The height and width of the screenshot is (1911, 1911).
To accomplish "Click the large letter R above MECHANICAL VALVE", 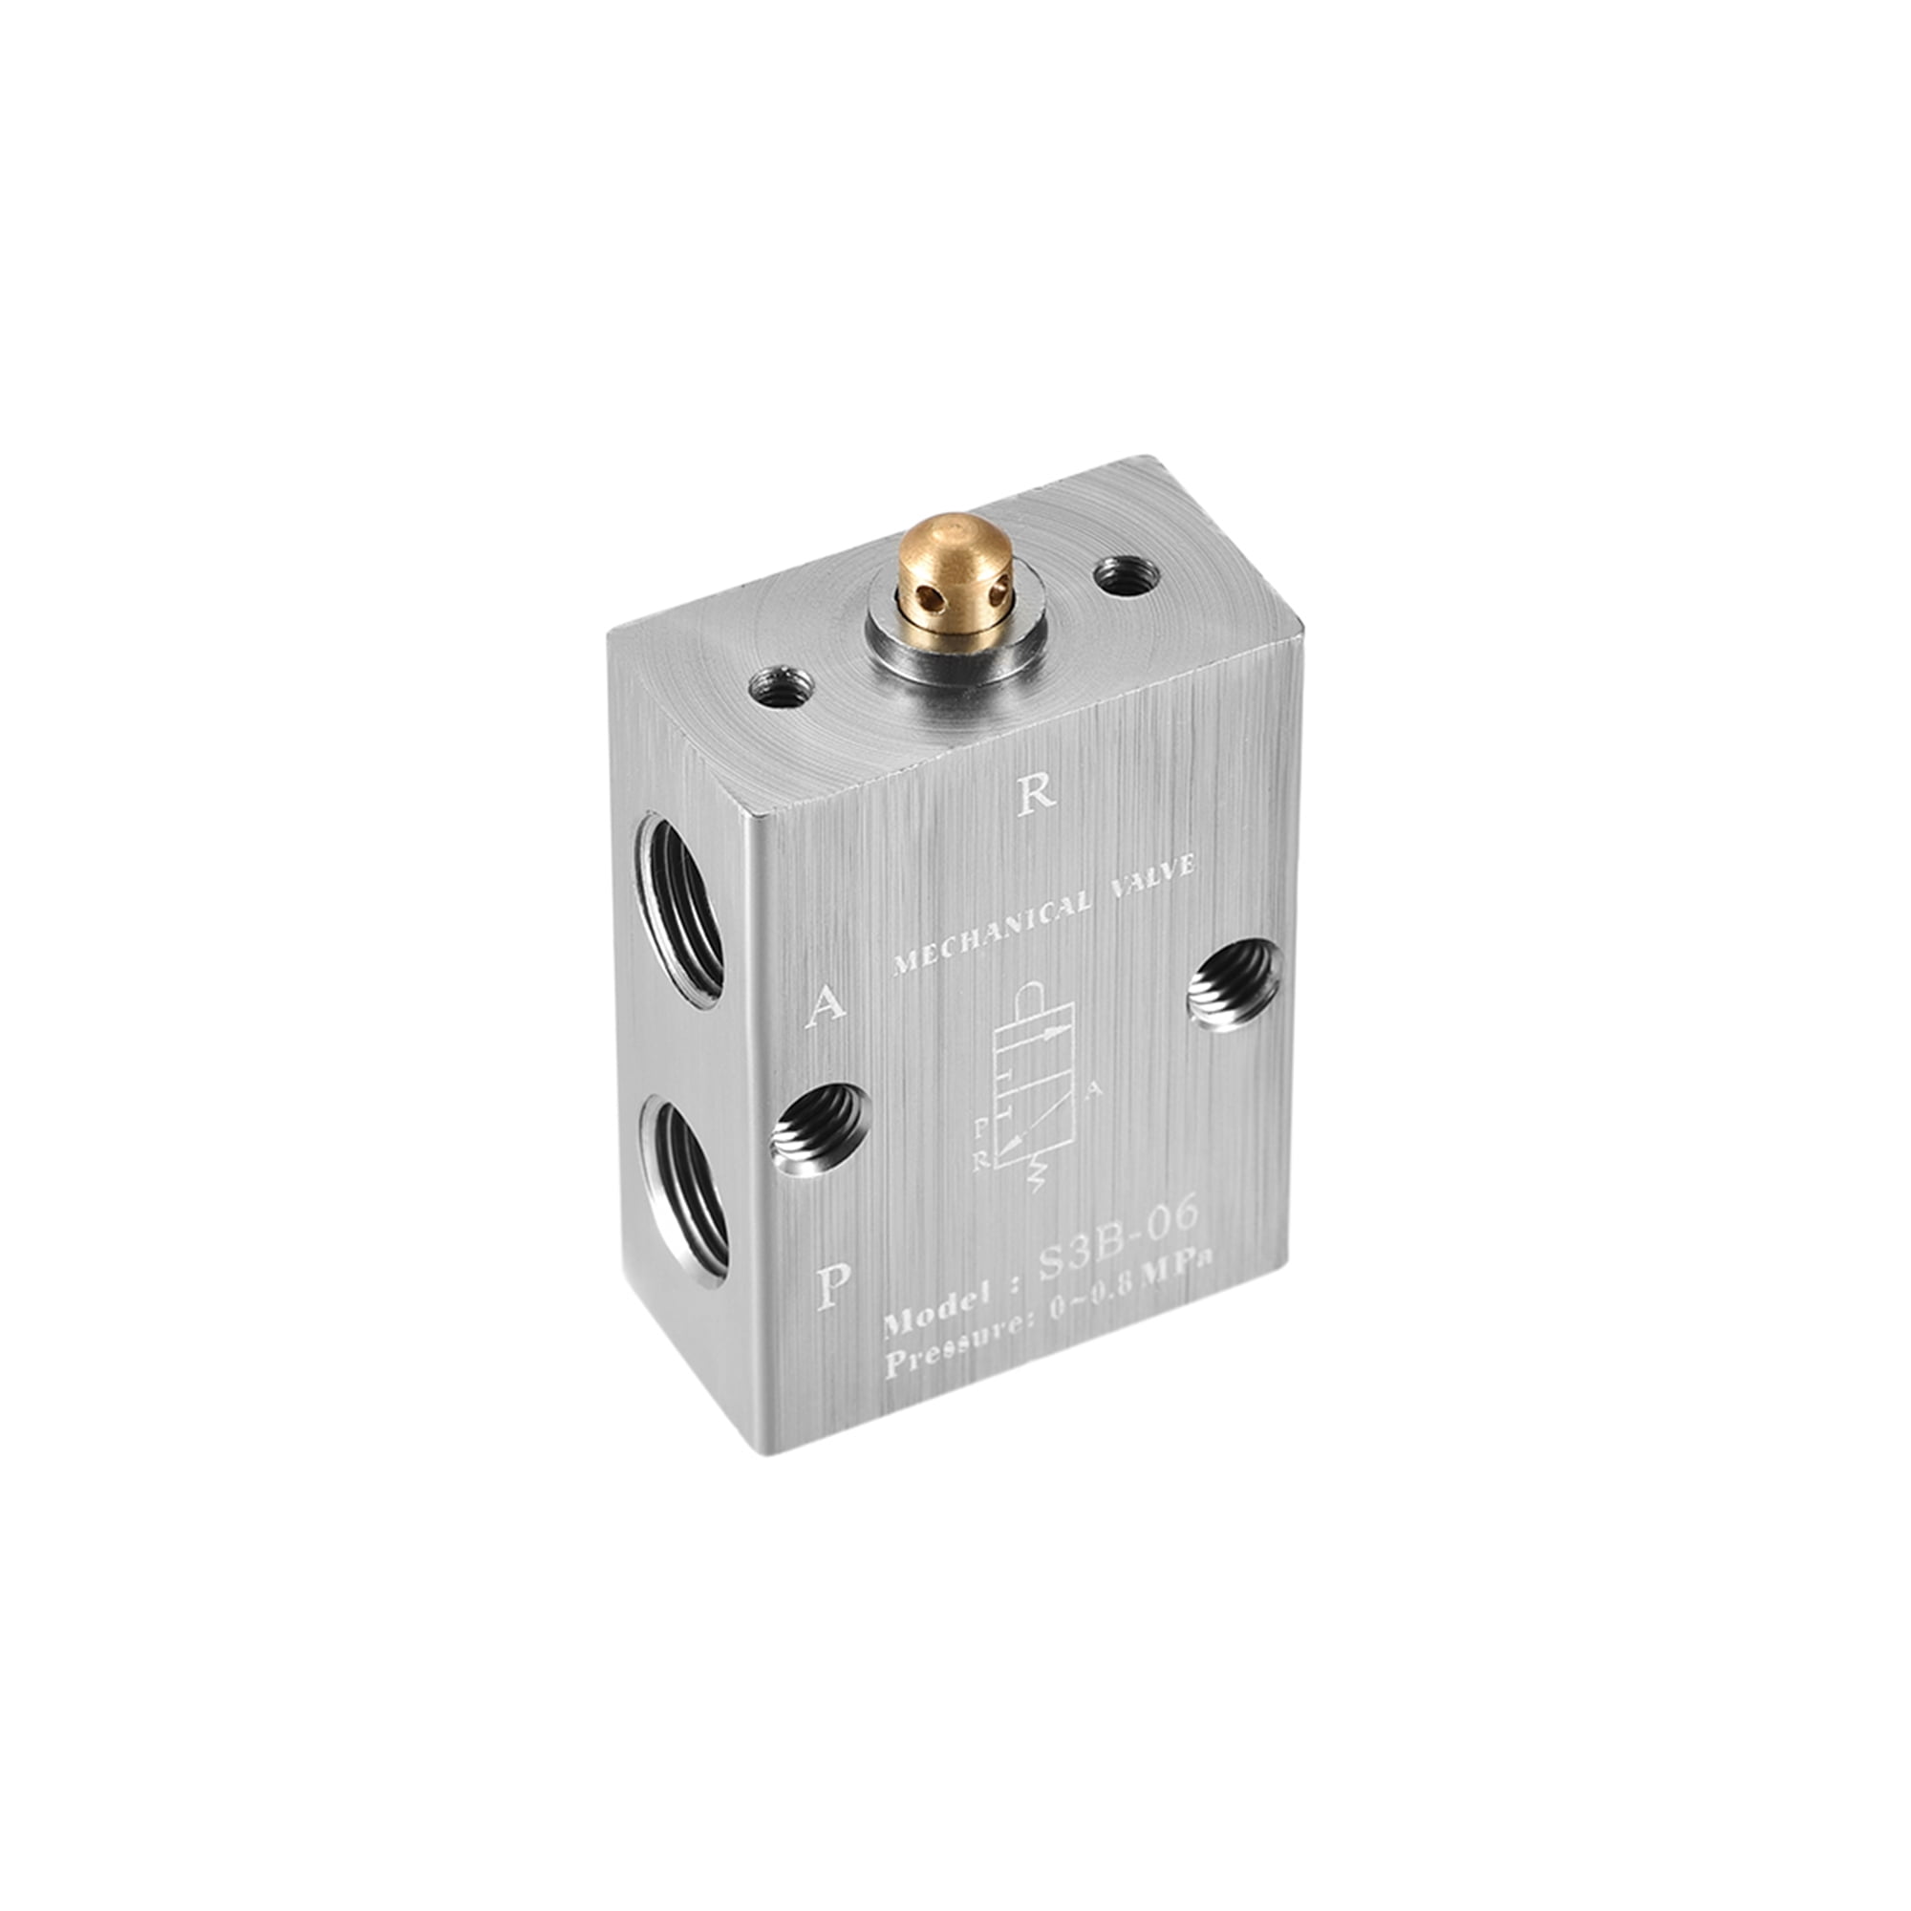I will (x=1038, y=792).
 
